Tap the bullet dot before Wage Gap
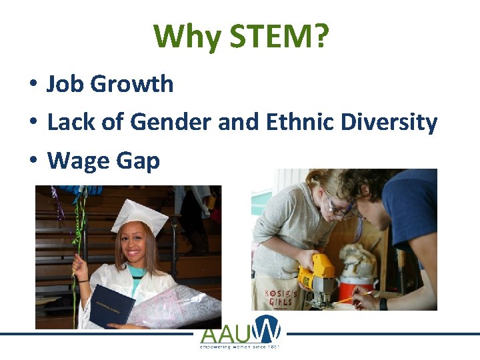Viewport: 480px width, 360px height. pos(32,162)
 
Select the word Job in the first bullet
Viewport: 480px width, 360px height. pos(65,85)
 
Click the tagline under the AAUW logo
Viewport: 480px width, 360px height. pos(241,347)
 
